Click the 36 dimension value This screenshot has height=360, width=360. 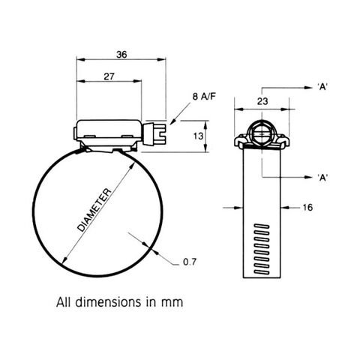[x=121, y=54]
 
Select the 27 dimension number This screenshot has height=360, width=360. [x=109, y=76]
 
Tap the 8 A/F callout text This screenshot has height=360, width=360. [x=204, y=96]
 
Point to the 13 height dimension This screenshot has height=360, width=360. [x=198, y=136]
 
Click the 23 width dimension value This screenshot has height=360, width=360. [x=262, y=101]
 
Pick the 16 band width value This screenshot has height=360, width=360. [x=307, y=207]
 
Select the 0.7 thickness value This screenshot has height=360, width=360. [x=190, y=262]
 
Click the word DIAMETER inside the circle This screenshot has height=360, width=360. [x=94, y=210]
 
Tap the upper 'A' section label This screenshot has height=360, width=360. [x=322, y=87]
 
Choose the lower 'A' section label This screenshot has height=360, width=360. [x=322, y=177]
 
